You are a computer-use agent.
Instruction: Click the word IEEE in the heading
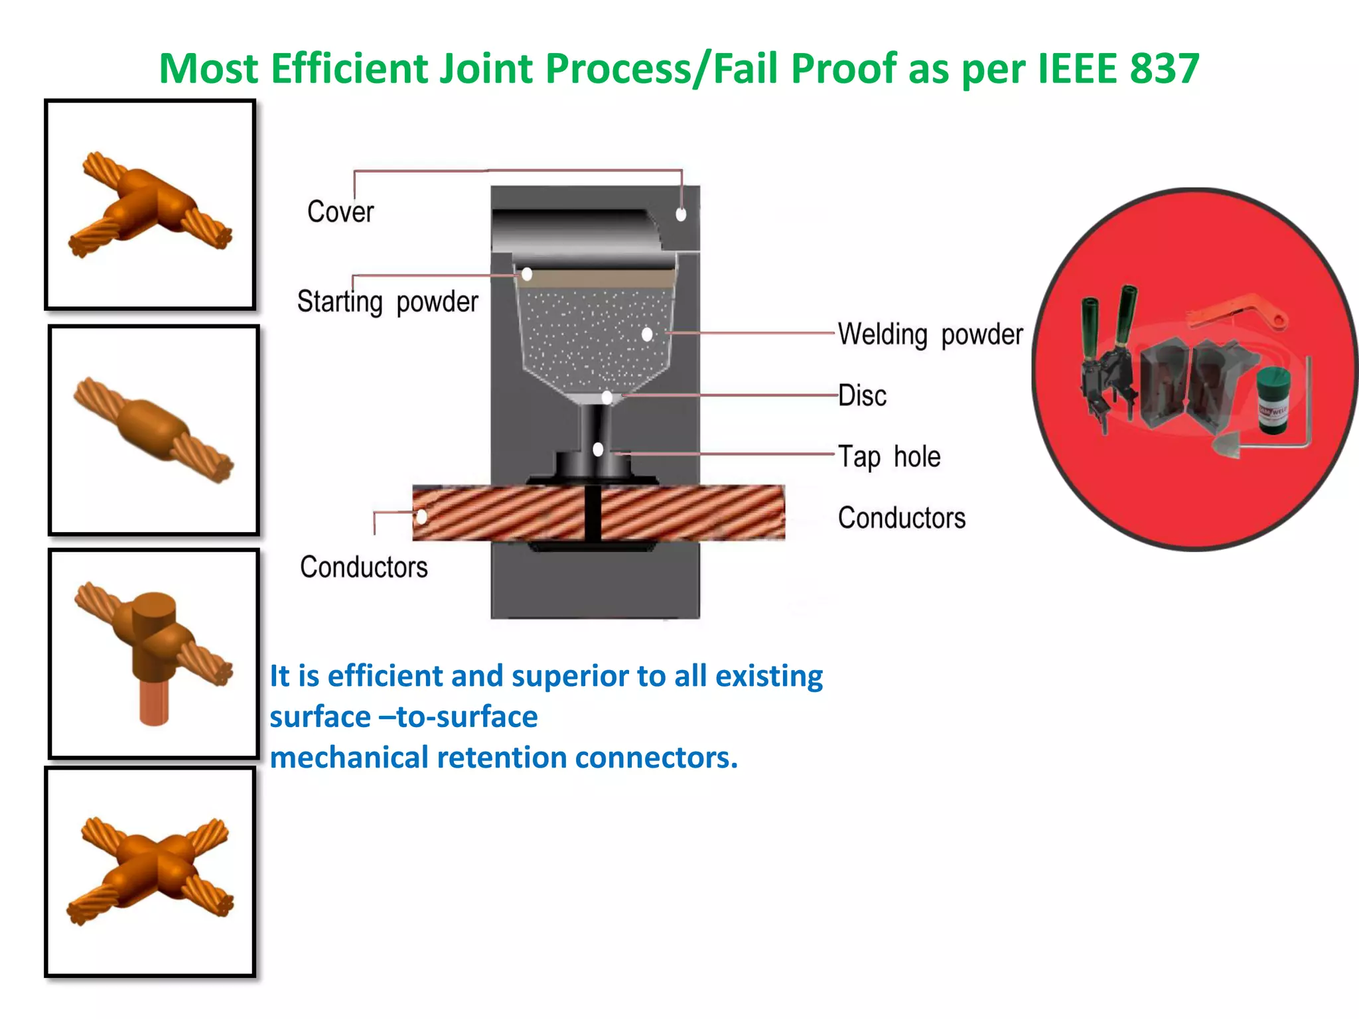point(1078,68)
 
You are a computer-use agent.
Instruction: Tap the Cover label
point(340,212)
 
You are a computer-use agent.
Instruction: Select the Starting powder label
point(388,302)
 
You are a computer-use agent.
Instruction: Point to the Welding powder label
point(930,334)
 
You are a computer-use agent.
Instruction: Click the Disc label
point(862,395)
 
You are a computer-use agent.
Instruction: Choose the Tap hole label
point(889,456)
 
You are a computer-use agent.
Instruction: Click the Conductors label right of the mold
point(902,517)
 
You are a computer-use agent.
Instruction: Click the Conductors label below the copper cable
point(364,567)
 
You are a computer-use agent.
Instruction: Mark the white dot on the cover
point(681,214)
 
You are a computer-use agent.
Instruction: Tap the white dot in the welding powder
point(647,334)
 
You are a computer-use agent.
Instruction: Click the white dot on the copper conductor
point(421,515)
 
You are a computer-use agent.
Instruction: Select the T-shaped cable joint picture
point(151,204)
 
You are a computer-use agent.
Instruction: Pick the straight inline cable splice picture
point(153,430)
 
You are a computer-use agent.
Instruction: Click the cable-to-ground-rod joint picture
point(153,653)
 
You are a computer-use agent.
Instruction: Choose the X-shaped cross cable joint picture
point(151,871)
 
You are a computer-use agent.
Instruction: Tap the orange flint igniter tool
point(1238,312)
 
